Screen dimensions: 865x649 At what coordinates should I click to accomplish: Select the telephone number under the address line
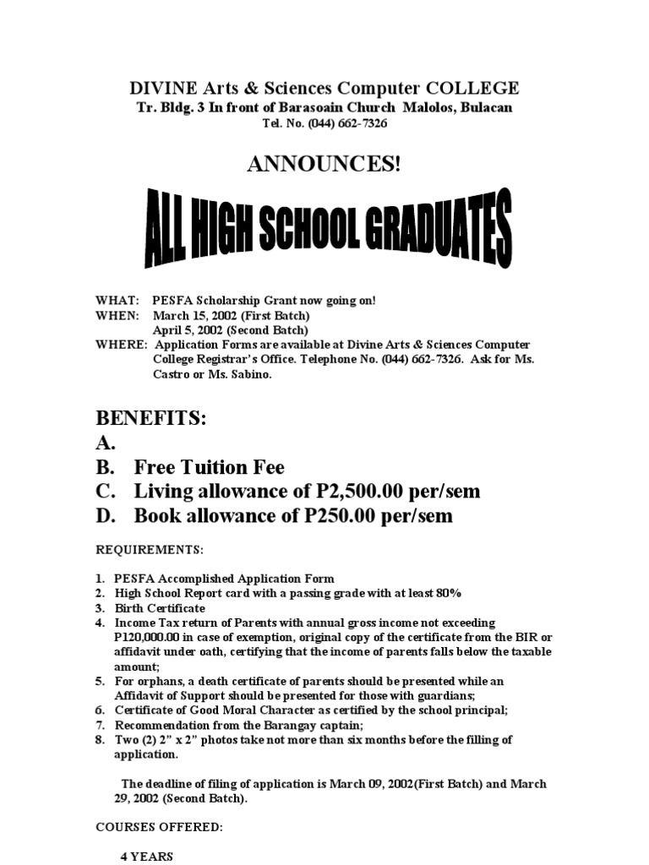[x=346, y=124]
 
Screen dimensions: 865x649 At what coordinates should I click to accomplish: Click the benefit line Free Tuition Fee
[x=209, y=468]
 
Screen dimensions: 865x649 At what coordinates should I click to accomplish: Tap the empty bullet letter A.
[x=105, y=443]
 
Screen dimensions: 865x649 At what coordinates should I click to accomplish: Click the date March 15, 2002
[x=193, y=315]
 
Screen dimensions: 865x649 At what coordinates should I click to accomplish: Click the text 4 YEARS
[x=146, y=856]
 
